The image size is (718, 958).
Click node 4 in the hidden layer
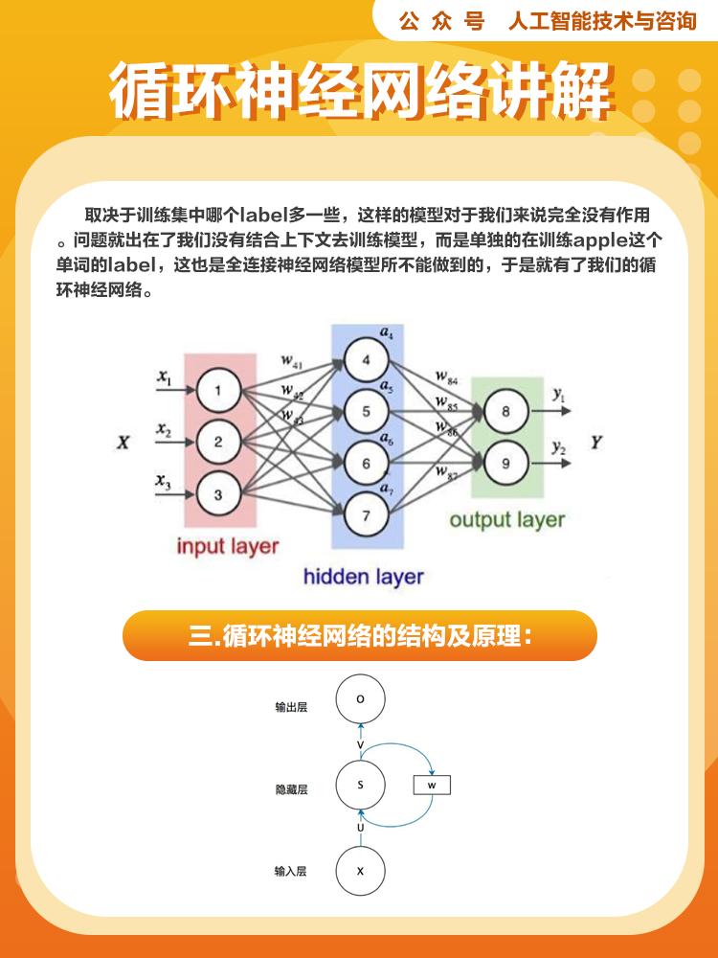point(365,361)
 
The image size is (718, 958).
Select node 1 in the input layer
point(218,390)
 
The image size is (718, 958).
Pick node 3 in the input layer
point(218,494)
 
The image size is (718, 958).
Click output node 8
point(505,412)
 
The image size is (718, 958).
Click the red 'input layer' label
point(228,547)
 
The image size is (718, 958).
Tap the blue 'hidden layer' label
point(363,577)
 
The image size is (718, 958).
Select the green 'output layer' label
point(507,520)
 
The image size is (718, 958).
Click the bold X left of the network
point(123,443)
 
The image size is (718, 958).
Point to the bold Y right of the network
point(596,443)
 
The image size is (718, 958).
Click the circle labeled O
point(360,699)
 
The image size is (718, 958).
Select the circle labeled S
point(360,786)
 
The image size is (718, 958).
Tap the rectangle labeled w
point(431,786)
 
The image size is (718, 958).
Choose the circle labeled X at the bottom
point(360,872)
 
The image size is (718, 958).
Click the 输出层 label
point(291,708)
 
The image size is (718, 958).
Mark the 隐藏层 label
point(291,790)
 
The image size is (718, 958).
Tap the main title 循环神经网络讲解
point(360,93)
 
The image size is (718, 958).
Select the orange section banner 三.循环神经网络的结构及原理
point(360,636)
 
